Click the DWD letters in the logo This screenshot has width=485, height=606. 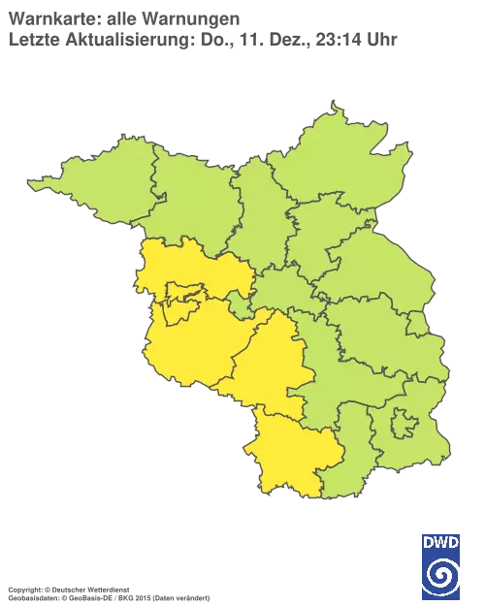440,542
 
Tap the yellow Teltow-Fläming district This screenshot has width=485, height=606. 272,368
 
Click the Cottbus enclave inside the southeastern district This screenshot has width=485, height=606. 404,425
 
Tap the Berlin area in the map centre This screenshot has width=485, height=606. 281,291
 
